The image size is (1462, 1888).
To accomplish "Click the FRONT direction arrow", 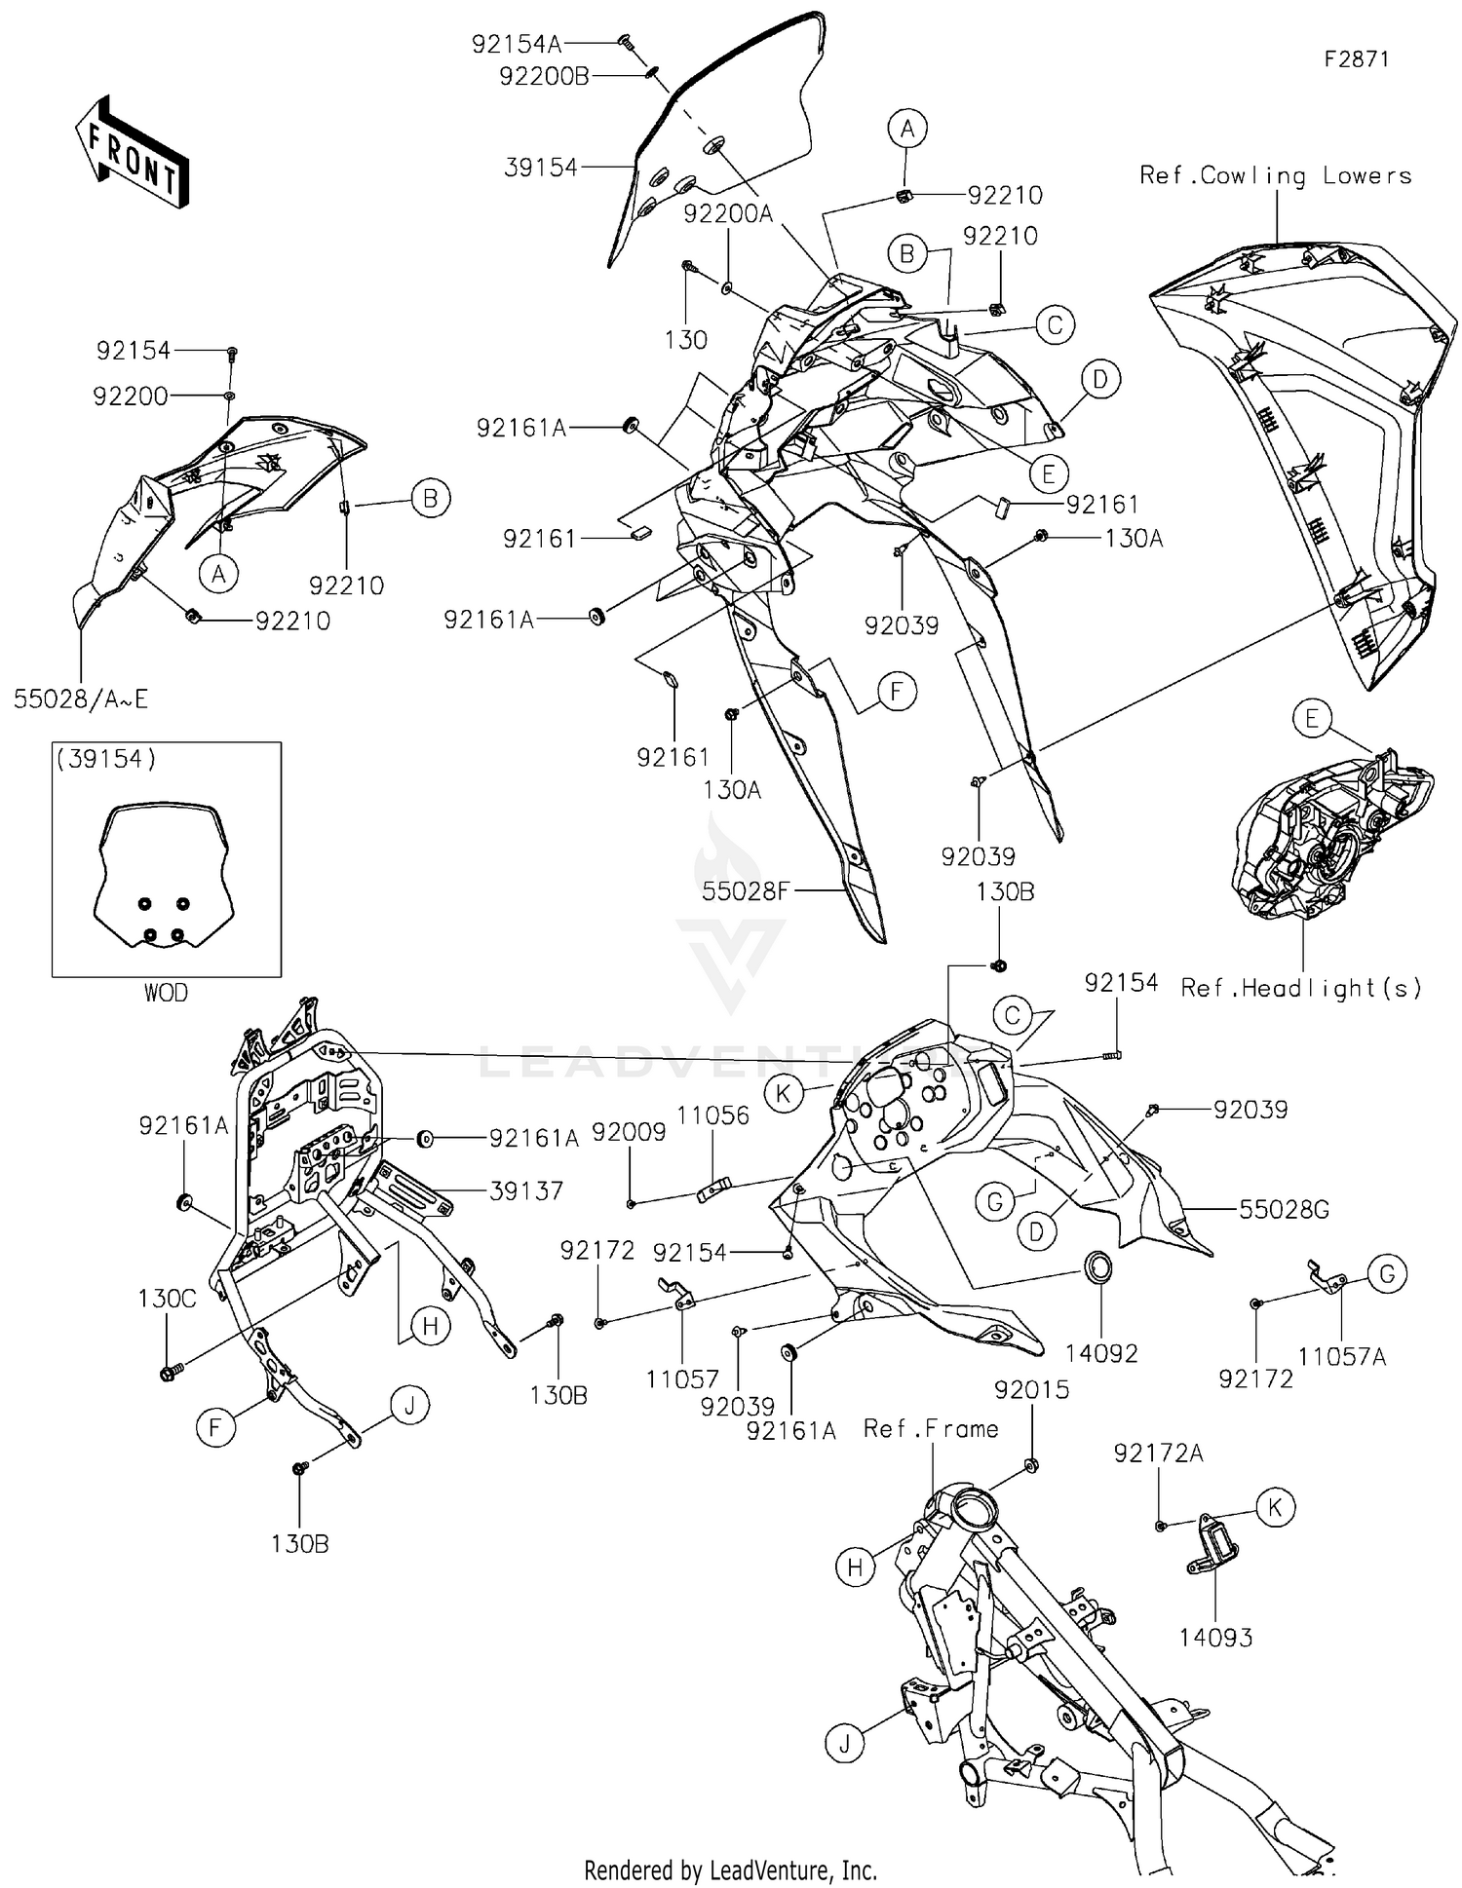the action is pyautogui.click(x=132, y=152).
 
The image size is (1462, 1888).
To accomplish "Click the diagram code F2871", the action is pyautogui.click(x=1356, y=58).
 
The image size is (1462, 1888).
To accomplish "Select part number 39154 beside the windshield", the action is pyautogui.click(x=541, y=168).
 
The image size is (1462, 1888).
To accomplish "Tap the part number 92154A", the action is pyautogui.click(x=517, y=44).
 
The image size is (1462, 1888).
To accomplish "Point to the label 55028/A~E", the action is pyautogui.click(x=81, y=699).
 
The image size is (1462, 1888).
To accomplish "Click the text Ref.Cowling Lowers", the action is pyautogui.click(x=1276, y=175).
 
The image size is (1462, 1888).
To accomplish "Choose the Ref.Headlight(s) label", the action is pyautogui.click(x=1301, y=988).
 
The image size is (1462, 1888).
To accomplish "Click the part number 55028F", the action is pyautogui.click(x=745, y=890).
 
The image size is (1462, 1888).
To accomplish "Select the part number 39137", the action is pyautogui.click(x=526, y=1189).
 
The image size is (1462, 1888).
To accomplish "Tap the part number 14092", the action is pyautogui.click(x=1101, y=1352).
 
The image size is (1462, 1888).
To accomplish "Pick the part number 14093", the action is pyautogui.click(x=1215, y=1637).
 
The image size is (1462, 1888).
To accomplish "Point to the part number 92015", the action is pyautogui.click(x=1032, y=1389).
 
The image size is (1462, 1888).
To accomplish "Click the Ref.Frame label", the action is pyautogui.click(x=931, y=1428).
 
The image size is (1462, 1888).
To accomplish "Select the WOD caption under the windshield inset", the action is pyautogui.click(x=166, y=993).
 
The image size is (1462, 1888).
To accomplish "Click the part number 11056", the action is pyautogui.click(x=713, y=1115).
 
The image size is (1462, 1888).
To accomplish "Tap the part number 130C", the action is pyautogui.click(x=167, y=1298).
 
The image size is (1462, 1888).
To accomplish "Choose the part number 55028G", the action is pyautogui.click(x=1284, y=1209).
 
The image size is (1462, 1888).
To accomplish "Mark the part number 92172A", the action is pyautogui.click(x=1159, y=1454).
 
